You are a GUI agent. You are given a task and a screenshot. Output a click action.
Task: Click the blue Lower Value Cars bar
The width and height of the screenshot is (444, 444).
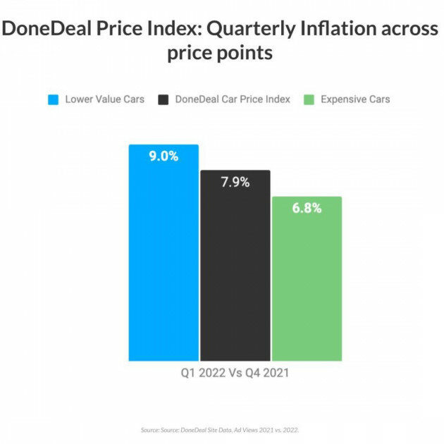coord(164,254)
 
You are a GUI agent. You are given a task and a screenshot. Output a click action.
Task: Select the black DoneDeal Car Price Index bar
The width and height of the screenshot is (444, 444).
coord(235,268)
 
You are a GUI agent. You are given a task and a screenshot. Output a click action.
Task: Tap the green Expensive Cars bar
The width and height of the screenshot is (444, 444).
coord(307,282)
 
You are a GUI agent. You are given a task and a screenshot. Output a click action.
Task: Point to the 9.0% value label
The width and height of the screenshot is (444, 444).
coord(164,156)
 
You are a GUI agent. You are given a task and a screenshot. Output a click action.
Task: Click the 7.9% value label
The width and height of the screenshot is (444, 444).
coord(235,183)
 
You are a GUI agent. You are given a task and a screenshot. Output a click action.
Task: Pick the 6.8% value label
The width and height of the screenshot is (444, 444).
coord(307,209)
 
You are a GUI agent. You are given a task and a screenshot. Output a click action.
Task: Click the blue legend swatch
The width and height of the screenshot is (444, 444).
coord(53,99)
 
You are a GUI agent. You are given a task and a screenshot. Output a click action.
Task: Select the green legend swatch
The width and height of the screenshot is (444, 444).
coord(307,99)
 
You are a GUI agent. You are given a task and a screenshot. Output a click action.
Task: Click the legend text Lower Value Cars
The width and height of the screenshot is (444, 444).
coord(104,99)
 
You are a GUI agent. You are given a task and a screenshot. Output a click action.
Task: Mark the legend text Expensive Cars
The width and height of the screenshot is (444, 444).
coord(355,99)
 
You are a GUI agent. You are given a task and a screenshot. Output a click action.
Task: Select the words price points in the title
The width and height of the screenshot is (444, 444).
coord(220,54)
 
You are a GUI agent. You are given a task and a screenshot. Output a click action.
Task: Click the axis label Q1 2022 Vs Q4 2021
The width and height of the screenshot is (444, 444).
coord(235,373)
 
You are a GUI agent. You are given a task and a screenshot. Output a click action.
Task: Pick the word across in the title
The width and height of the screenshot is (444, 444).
coord(411,31)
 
